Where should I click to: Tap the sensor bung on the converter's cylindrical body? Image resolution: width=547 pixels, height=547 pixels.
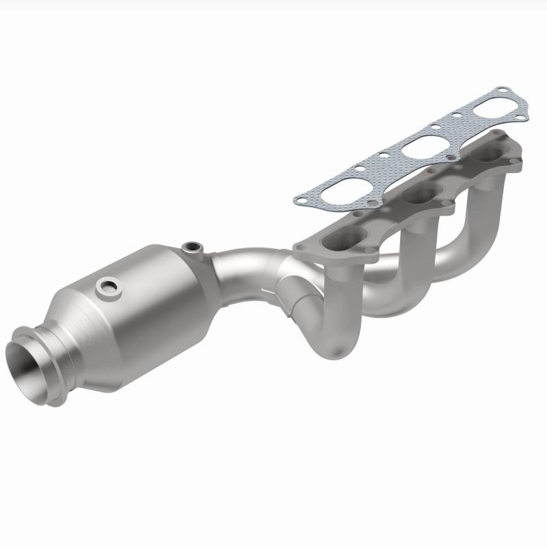point(107,286)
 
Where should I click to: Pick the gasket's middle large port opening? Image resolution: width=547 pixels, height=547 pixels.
point(418,150)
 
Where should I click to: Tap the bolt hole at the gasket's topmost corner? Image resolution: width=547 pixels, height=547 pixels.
point(503,90)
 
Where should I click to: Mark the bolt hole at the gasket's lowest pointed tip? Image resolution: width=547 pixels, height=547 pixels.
point(299,200)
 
